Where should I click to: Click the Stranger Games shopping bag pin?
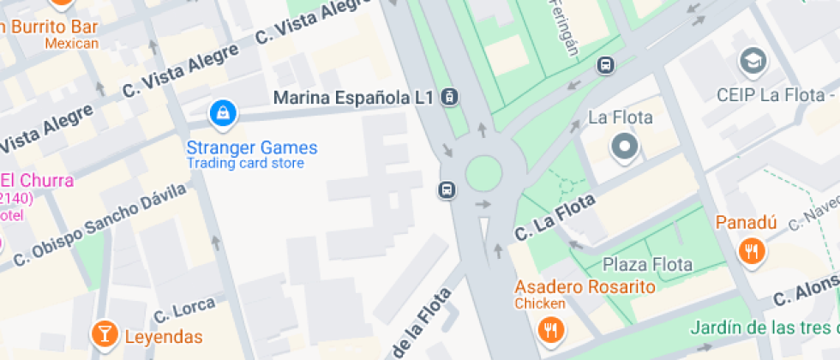223,112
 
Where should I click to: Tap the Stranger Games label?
252,147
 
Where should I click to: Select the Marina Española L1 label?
353,98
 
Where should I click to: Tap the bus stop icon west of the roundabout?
447,189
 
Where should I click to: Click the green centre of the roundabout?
483,174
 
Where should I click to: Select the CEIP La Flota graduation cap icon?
753,61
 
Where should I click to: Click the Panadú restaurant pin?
752,252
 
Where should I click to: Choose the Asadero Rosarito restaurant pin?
549,329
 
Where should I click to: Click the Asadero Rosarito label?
585,287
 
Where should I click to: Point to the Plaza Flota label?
647,264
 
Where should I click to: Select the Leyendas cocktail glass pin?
105,334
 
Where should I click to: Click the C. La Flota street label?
555,219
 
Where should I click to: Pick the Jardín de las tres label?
764,328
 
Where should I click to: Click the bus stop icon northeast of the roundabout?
606,64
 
